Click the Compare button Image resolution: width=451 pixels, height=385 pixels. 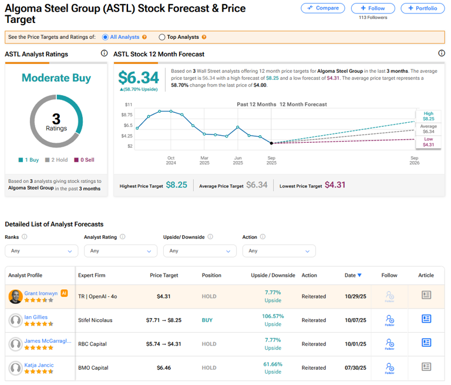pyautogui.click(x=322, y=8)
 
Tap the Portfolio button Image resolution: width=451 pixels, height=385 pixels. pyautogui.click(x=422, y=8)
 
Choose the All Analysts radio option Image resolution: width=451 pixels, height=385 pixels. pyautogui.click(x=122, y=37)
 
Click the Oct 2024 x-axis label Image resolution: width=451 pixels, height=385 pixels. pyautogui.click(x=170, y=161)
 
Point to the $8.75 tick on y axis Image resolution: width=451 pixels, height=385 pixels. pyautogui.click(x=127, y=115)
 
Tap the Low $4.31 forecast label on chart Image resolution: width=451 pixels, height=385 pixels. pyautogui.click(x=428, y=142)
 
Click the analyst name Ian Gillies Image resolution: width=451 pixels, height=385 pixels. pyautogui.click(x=36, y=317)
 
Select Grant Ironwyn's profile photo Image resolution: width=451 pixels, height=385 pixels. pyautogui.click(x=16, y=297)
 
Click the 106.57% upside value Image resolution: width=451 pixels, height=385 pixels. pyautogui.click(x=272, y=316)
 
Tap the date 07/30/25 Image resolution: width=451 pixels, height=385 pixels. pyautogui.click(x=355, y=369)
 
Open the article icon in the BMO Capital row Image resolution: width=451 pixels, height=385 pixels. pyautogui.click(x=426, y=368)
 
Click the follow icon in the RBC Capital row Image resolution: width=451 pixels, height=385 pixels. pyautogui.click(x=389, y=344)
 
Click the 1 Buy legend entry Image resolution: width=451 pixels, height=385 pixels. pyautogui.click(x=29, y=159)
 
